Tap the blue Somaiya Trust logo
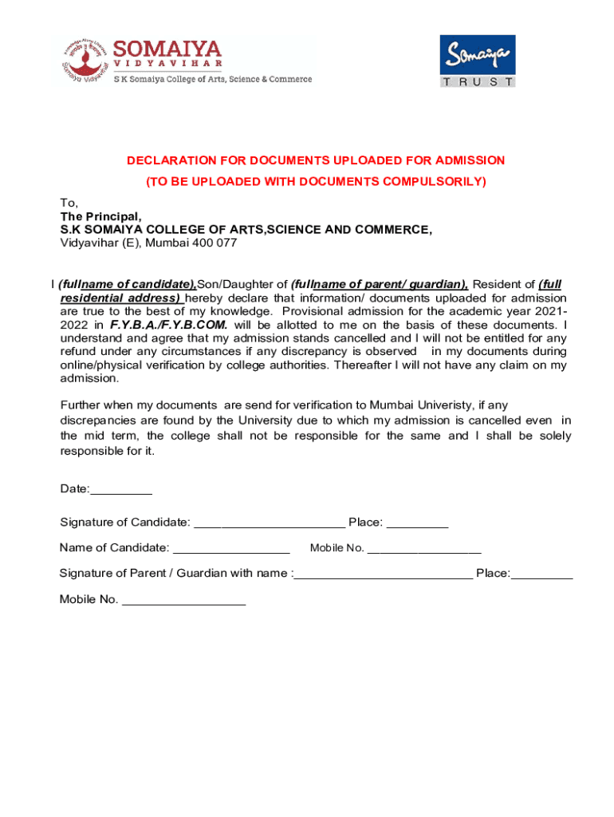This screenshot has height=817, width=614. coord(478,61)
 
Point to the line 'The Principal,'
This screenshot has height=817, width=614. coord(100,216)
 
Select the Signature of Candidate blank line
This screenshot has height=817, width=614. coord(270,523)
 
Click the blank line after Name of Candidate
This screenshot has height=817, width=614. coord(231,548)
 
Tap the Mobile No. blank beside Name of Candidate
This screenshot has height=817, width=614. coord(424,548)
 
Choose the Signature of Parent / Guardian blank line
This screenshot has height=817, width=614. coord(383,574)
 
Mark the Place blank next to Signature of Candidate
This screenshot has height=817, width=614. coord(417,523)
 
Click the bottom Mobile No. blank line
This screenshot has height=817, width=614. coord(183,600)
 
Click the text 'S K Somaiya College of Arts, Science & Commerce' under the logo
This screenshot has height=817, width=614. coord(213,79)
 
